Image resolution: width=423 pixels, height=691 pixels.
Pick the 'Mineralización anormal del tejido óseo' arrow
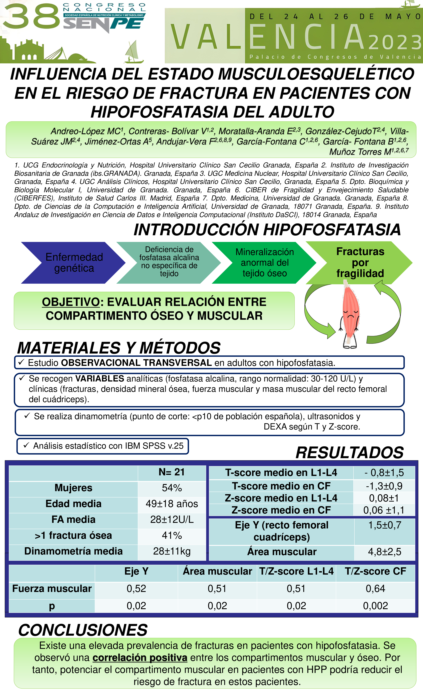click(265, 262)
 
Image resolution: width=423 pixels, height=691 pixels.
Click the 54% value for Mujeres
click(172, 488)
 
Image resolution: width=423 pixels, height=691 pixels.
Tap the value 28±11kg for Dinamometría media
click(172, 551)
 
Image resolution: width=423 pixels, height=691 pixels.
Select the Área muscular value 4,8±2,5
click(384, 552)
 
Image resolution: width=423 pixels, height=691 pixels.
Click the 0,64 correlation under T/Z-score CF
click(375, 589)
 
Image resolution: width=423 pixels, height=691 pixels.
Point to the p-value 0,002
click(375, 606)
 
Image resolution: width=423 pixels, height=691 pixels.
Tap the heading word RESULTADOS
click(350, 453)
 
